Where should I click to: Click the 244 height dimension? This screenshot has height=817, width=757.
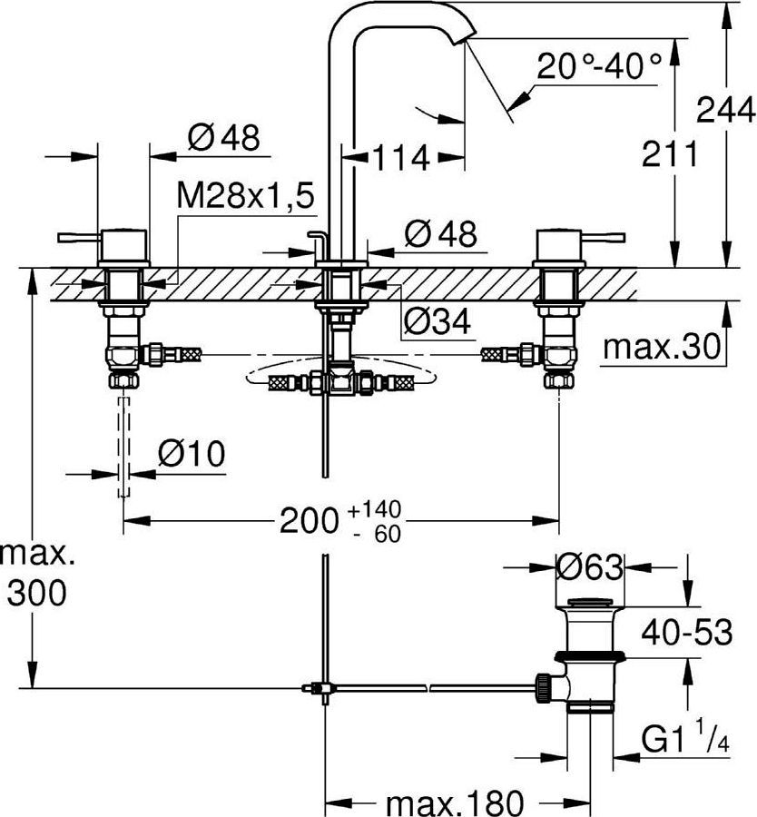pyautogui.click(x=725, y=111)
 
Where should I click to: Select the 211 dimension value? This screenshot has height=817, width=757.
pyautogui.click(x=669, y=155)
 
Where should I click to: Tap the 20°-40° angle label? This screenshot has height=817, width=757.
pyautogui.click(x=598, y=66)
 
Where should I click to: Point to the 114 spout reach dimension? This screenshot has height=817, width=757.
pyautogui.click(x=400, y=158)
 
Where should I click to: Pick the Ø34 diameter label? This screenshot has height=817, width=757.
pyautogui.click(x=437, y=320)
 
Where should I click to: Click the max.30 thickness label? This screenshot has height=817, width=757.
pyautogui.click(x=661, y=346)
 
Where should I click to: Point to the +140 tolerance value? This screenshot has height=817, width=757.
pyautogui.click(x=374, y=508)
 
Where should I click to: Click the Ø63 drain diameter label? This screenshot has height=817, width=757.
pyautogui.click(x=590, y=568)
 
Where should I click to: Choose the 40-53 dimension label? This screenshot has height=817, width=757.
pyautogui.click(x=687, y=632)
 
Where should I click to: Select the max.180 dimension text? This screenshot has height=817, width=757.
pyautogui.click(x=455, y=802)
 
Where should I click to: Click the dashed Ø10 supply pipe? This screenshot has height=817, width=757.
pyautogui.click(x=123, y=445)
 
